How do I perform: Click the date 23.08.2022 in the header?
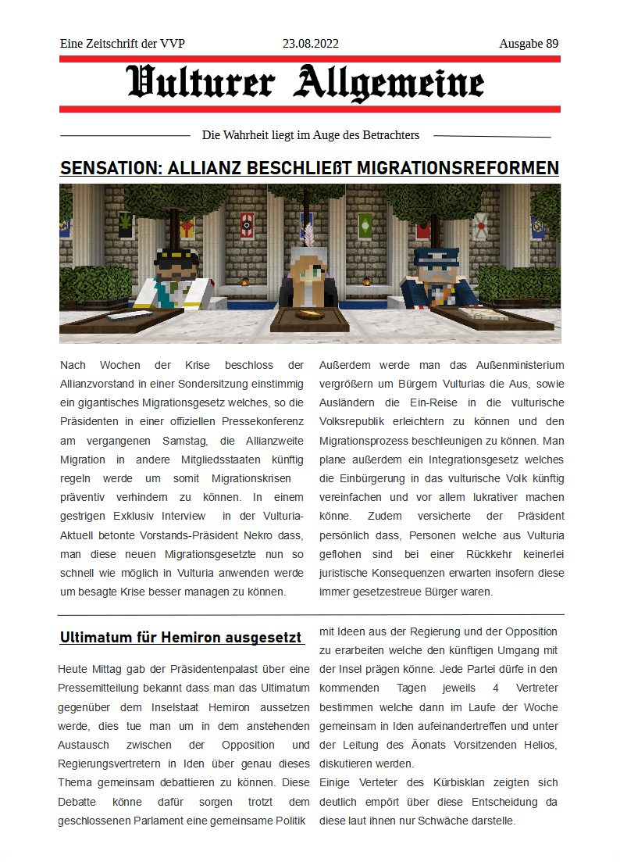(310, 44)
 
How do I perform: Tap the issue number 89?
(551, 44)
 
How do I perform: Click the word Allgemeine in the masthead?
(388, 83)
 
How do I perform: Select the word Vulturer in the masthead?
(201, 83)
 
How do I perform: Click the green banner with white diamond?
(364, 227)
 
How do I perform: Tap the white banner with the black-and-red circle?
(248, 224)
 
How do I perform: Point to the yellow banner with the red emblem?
(187, 227)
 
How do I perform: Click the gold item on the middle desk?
(309, 314)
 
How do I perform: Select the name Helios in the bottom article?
(538, 745)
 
